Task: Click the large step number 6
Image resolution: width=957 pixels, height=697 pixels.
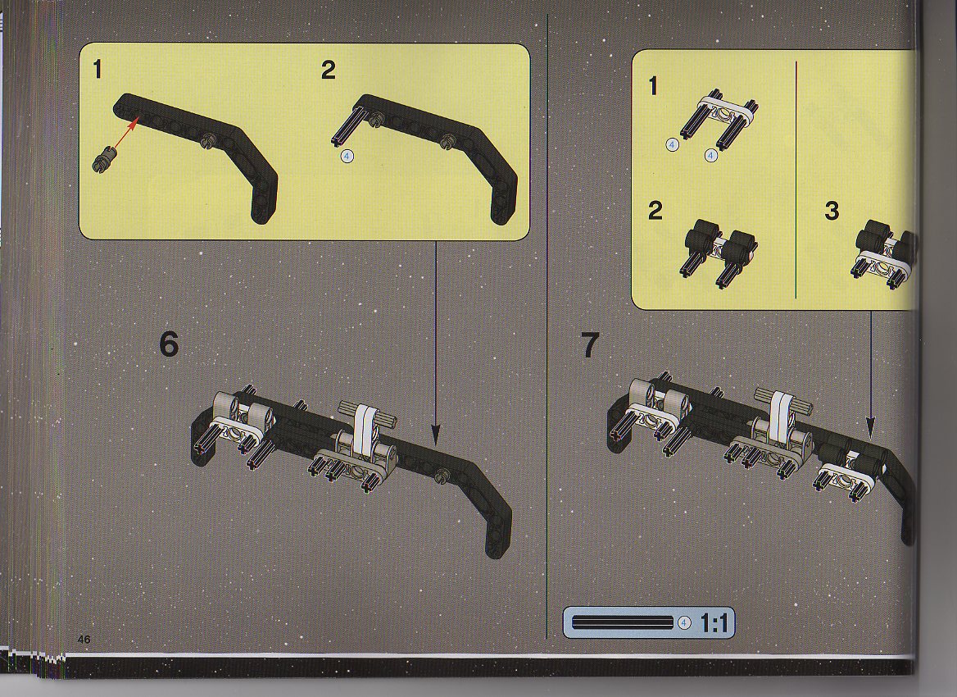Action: tap(169, 344)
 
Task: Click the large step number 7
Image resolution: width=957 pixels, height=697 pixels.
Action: tap(589, 345)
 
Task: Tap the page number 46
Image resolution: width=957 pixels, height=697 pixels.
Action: tap(84, 639)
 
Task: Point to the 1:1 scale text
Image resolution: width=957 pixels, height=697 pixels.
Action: tap(714, 624)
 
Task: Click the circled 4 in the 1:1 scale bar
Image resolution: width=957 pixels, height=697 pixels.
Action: tap(683, 623)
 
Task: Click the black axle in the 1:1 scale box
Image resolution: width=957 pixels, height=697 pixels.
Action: tap(623, 622)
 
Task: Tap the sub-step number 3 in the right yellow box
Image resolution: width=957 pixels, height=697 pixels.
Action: tap(832, 212)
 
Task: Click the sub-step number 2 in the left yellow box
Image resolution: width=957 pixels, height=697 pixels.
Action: tap(329, 71)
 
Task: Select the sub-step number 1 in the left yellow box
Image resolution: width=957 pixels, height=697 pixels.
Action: tap(97, 71)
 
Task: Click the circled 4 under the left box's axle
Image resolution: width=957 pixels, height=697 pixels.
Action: tap(346, 157)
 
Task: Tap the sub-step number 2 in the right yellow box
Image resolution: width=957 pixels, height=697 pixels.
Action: tap(655, 211)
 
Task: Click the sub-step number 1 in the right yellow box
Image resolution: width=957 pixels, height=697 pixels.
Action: tap(653, 86)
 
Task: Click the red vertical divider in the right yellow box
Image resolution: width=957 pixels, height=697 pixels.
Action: tap(796, 180)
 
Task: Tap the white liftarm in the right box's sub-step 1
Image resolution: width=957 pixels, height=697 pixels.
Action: tap(728, 111)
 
